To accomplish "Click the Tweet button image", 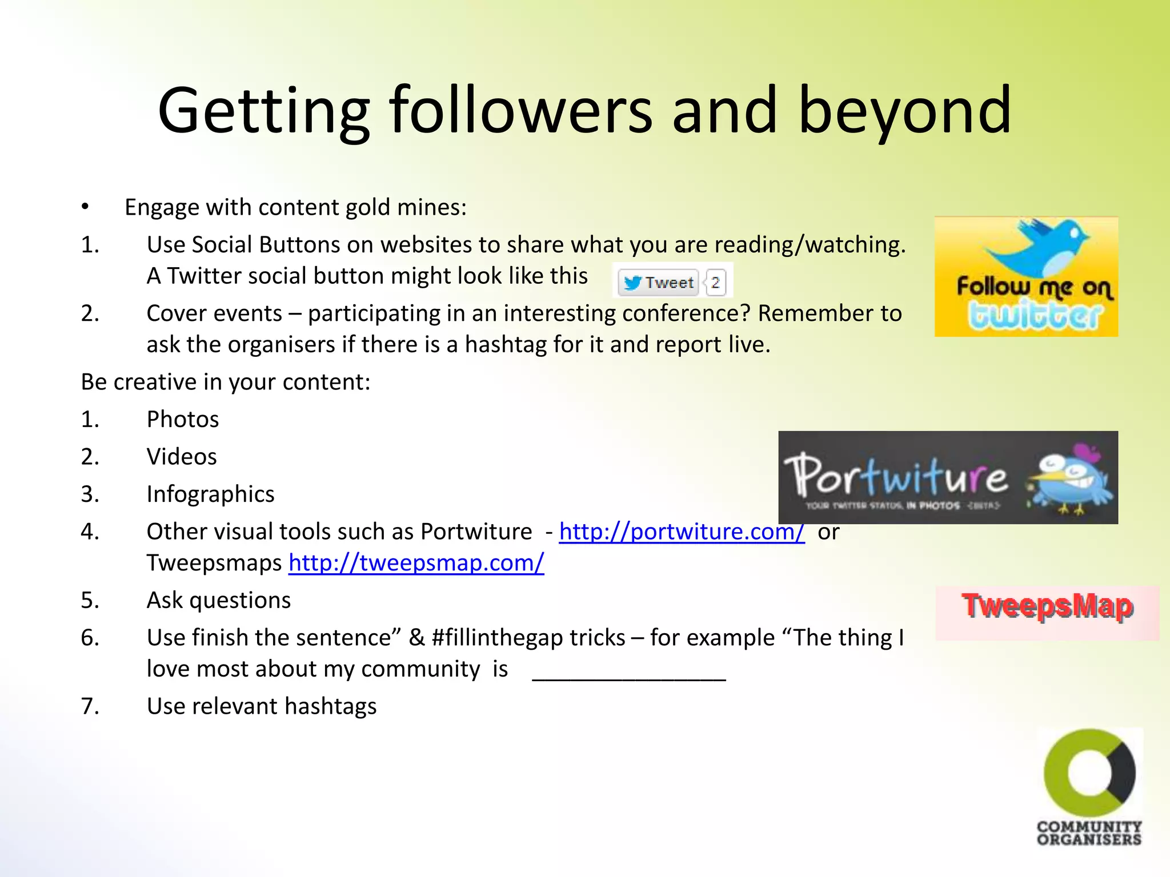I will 658,282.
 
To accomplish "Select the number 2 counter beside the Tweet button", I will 715,282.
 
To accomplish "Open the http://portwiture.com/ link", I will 682,532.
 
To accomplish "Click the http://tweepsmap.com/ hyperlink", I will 416,563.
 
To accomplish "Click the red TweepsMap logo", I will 1047,606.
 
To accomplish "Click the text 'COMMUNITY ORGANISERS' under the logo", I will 1089,833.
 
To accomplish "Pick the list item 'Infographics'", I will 210,494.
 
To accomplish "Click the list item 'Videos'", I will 182,457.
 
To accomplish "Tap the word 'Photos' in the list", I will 183,420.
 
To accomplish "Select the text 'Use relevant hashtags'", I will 262,707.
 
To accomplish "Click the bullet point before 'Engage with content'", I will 85,207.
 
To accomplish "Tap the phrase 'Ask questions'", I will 219,601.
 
